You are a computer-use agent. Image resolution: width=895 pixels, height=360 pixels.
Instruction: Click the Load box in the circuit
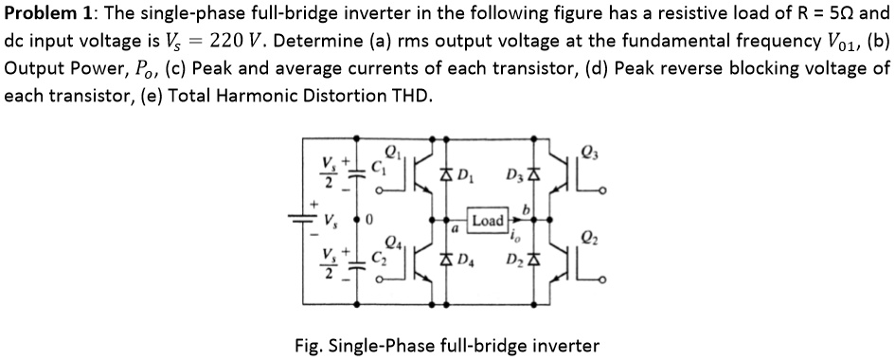click(488, 220)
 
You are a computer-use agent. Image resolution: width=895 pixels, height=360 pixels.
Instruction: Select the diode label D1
click(466, 175)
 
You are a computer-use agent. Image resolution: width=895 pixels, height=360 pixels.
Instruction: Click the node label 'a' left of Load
click(455, 230)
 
